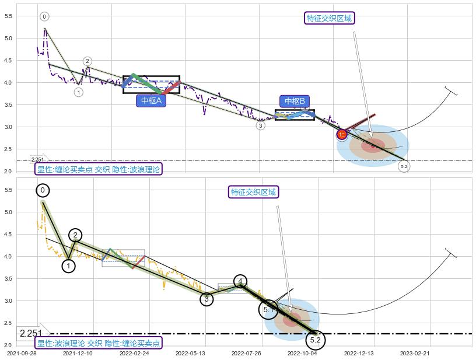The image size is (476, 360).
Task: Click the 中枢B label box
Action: (x=296, y=101)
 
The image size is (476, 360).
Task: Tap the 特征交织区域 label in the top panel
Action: (x=330, y=18)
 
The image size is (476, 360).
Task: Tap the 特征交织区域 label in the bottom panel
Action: (x=254, y=192)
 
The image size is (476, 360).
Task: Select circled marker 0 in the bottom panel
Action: (x=42, y=190)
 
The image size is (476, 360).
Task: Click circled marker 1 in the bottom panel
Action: (x=68, y=266)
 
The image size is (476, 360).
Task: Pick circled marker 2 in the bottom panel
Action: (x=75, y=235)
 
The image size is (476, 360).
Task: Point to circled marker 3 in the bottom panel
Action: (x=206, y=299)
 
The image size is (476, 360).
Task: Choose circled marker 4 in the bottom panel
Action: (x=240, y=281)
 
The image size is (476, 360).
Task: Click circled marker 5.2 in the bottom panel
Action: (x=315, y=340)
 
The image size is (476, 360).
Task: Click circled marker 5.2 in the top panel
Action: (x=404, y=167)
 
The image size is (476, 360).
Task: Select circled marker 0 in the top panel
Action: (x=44, y=16)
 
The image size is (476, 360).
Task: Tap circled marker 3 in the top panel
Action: (x=260, y=125)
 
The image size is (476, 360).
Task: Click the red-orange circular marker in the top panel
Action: (x=342, y=135)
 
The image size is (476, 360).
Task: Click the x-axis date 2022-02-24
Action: (x=134, y=353)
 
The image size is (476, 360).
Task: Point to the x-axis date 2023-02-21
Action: (x=415, y=353)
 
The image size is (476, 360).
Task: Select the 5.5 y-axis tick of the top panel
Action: (x=8, y=16)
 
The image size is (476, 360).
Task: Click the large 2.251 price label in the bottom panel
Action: (x=30, y=334)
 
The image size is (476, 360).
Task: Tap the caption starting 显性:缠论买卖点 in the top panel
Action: (x=98, y=169)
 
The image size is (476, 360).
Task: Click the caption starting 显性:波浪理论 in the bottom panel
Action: (x=98, y=343)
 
